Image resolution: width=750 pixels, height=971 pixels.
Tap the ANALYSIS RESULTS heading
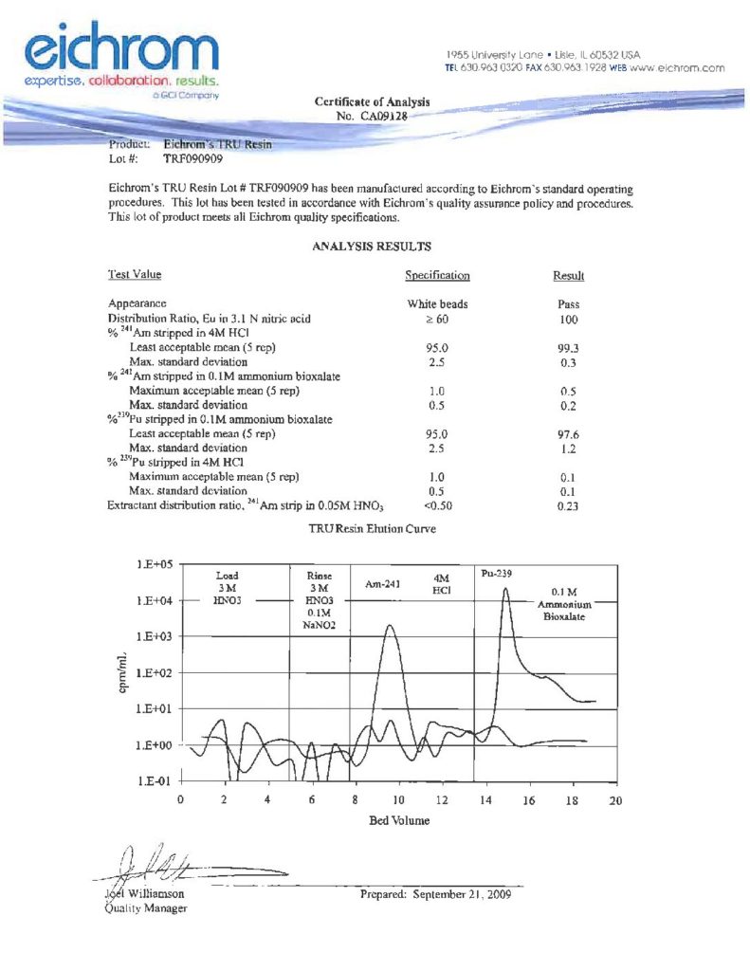(372, 247)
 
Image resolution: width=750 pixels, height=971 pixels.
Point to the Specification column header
(437, 276)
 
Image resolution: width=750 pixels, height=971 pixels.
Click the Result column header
(568, 276)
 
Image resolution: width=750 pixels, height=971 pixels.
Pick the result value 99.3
(569, 349)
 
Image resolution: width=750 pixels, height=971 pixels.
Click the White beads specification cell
(437, 305)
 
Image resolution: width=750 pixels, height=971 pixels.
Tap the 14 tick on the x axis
(486, 800)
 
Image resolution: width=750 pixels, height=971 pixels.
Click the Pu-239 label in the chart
(498, 576)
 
